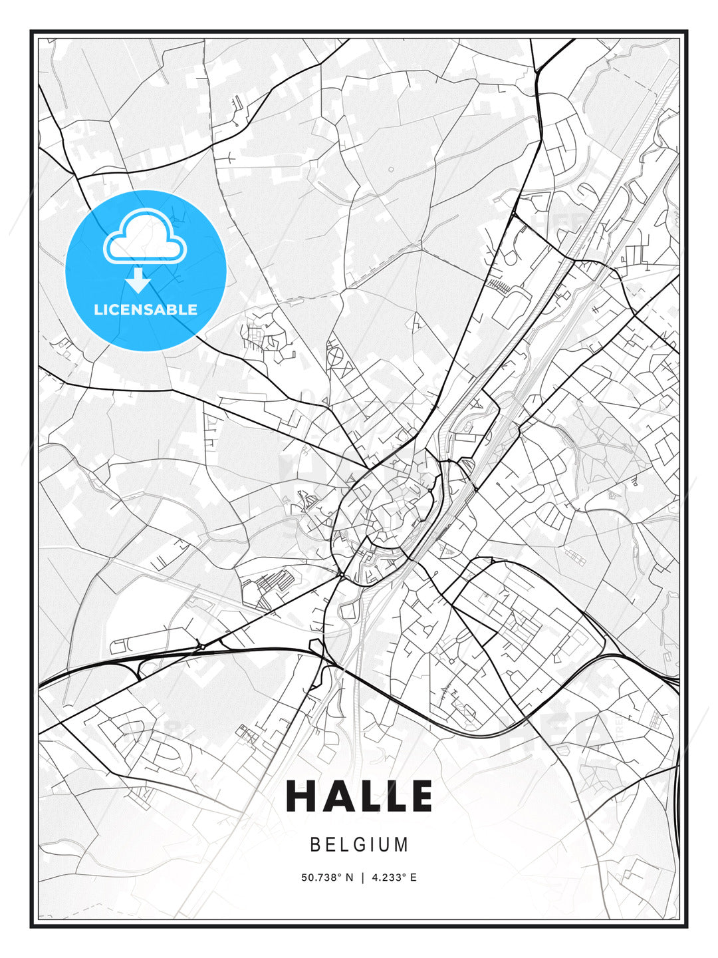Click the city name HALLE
click(x=359, y=796)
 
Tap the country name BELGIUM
click(x=359, y=845)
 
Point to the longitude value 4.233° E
click(x=394, y=878)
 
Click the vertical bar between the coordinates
click(x=362, y=878)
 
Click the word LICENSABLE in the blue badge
click(x=146, y=309)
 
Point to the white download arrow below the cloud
click(x=139, y=281)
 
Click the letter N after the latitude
click(x=350, y=878)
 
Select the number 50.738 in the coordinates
click(x=321, y=878)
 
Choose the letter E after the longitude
click(x=414, y=878)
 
